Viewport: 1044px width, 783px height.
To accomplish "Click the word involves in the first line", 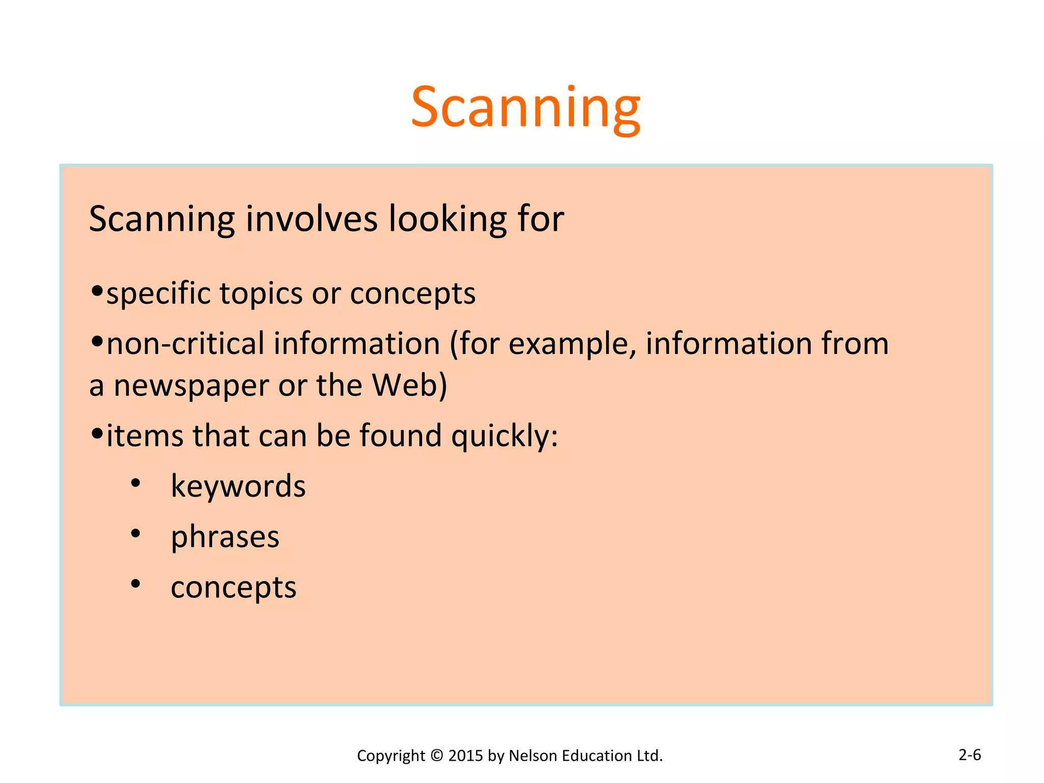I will (311, 219).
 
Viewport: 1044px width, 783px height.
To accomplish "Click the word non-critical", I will (186, 343).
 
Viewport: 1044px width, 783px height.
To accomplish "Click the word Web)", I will (409, 385).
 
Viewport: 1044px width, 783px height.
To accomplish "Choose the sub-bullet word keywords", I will (238, 486).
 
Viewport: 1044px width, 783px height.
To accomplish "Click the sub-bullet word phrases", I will (225, 537).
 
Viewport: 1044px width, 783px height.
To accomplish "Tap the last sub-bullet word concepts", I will (233, 587).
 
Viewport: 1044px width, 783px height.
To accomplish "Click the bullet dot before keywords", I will (135, 483).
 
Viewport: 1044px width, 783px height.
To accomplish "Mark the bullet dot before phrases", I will (135, 533).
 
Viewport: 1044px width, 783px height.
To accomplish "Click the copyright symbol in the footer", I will (436, 755).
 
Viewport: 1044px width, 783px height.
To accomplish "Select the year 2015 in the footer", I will (466, 755).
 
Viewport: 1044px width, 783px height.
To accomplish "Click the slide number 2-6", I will (970, 754).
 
